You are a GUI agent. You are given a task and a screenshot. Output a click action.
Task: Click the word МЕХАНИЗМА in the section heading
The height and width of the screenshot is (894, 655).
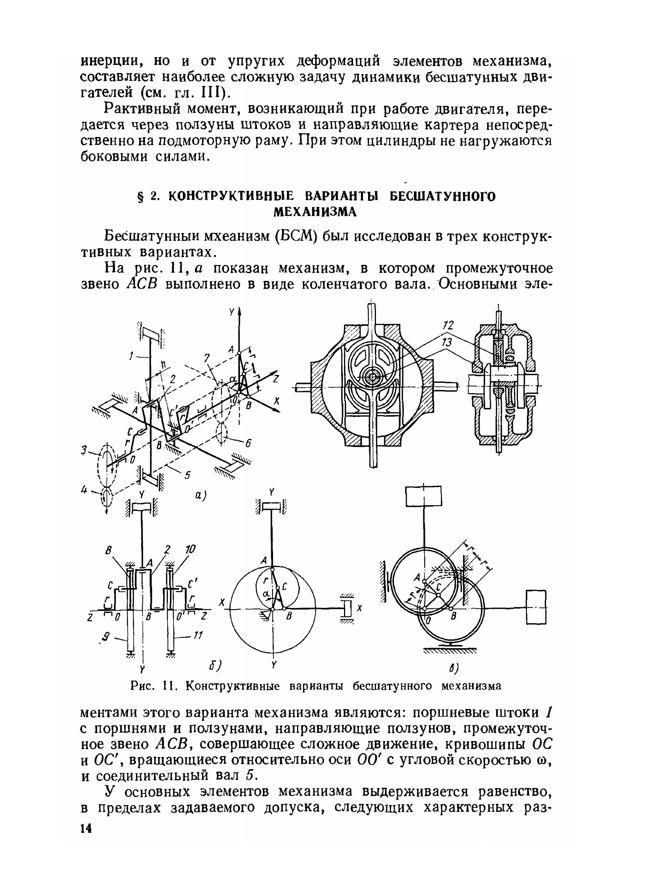coord(315,212)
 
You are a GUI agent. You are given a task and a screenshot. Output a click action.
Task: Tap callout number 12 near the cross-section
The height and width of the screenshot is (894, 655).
coord(448,326)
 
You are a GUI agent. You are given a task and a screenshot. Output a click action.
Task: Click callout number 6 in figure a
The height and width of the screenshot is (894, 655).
coord(248,444)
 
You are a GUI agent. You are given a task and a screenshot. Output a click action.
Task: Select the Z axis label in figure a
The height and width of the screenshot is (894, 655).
coord(276,379)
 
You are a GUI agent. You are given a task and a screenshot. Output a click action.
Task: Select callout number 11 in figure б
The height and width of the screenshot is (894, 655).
coord(198,636)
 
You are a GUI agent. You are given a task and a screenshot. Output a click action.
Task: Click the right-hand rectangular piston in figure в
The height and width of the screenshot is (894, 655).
coord(536,607)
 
